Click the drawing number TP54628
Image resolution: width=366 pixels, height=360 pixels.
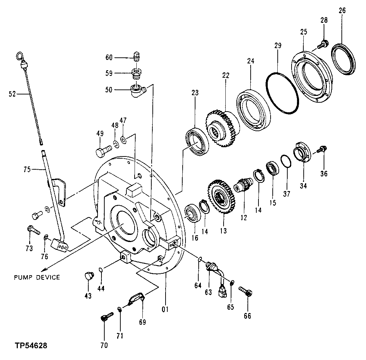coord(31,346)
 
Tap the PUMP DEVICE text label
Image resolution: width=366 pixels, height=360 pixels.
coord(37,277)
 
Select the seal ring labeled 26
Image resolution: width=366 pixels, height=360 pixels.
coord(343,60)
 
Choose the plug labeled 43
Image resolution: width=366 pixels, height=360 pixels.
coord(88,276)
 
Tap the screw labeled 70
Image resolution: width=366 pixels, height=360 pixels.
coord(105,317)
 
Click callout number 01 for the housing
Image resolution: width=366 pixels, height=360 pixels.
coord(165,309)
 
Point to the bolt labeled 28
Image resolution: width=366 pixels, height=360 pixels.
coord(324,44)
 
